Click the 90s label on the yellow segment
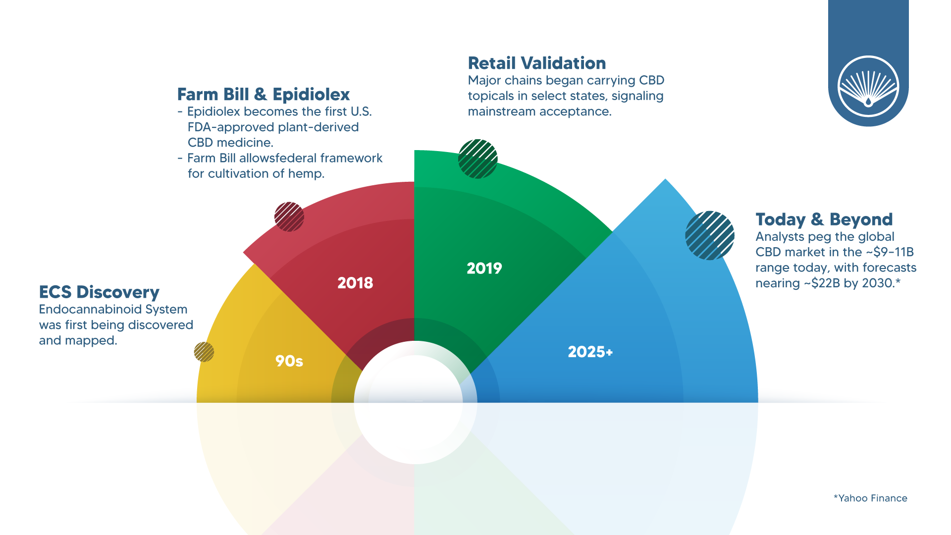pyautogui.click(x=289, y=361)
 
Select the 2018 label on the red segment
pyautogui.click(x=355, y=283)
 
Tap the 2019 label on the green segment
pyautogui.click(x=484, y=268)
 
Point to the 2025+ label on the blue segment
pyautogui.click(x=590, y=352)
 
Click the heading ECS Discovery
pyautogui.click(x=99, y=292)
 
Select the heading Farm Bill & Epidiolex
pyautogui.click(x=264, y=94)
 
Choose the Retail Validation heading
pyautogui.click(x=537, y=63)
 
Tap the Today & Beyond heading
pyautogui.click(x=824, y=219)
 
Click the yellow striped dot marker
pyautogui.click(x=204, y=352)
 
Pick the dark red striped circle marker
pyautogui.click(x=289, y=217)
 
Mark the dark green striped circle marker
pyautogui.click(x=478, y=159)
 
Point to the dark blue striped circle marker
pyautogui.click(x=710, y=235)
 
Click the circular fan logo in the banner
pyautogui.click(x=868, y=86)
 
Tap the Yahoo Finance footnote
pyautogui.click(x=870, y=498)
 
